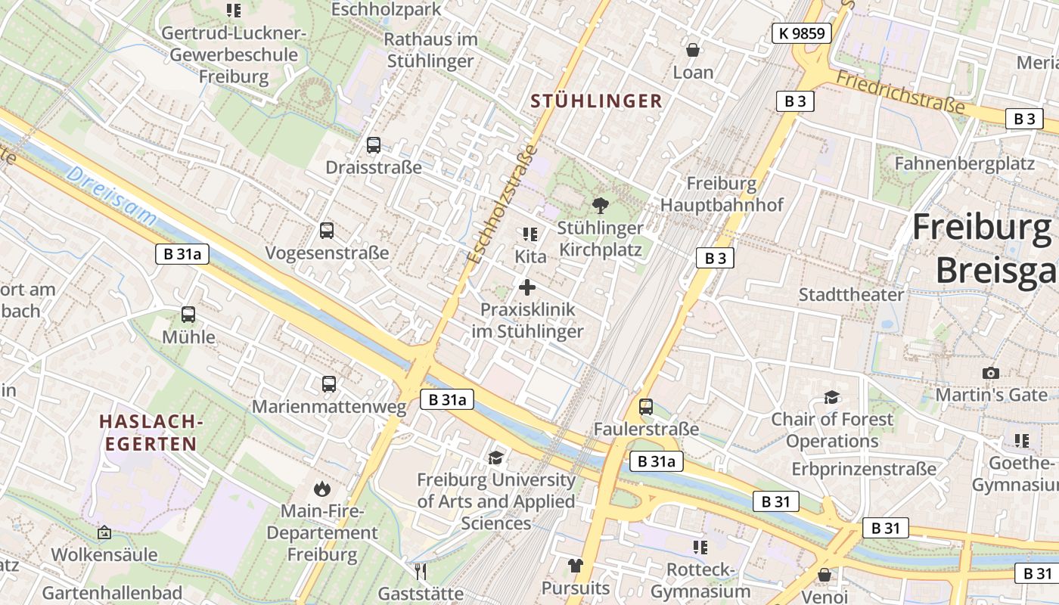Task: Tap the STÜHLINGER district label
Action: [x=596, y=101]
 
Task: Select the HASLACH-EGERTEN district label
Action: [x=151, y=432]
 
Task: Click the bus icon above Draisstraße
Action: [x=373, y=145]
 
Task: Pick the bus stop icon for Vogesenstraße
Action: [x=327, y=231]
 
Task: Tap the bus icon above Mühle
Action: [x=188, y=315]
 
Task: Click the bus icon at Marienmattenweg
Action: [x=329, y=384]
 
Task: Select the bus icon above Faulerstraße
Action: [x=646, y=407]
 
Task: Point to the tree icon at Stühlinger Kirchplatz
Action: [x=601, y=205]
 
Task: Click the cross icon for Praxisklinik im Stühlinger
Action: [x=527, y=287]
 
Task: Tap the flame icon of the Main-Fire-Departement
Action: [x=322, y=489]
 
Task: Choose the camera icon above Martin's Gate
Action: [x=990, y=373]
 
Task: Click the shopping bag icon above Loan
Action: [x=692, y=50]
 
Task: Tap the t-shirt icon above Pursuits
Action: [x=576, y=566]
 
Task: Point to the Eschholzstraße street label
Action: [x=502, y=204]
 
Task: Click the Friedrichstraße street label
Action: [x=900, y=92]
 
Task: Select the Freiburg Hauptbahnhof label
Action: [x=722, y=194]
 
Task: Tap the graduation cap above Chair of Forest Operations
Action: [x=831, y=397]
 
